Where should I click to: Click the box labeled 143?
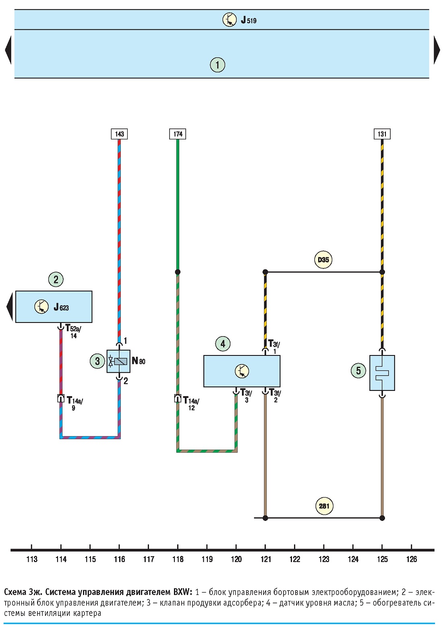click(119, 134)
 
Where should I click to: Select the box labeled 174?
click(178, 134)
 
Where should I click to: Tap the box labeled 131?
click(382, 134)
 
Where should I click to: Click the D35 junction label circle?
click(323, 260)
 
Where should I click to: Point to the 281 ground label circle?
click(324, 506)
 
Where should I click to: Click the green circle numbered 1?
click(217, 65)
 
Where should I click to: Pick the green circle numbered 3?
click(97, 361)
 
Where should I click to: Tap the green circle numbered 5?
click(358, 371)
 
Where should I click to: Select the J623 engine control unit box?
click(54, 307)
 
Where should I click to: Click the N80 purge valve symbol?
click(118, 361)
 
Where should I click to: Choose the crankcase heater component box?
click(382, 373)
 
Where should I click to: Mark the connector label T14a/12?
click(191, 403)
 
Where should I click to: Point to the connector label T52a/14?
click(73, 331)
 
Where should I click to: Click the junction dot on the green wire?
click(178, 272)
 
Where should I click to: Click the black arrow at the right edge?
click(437, 50)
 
